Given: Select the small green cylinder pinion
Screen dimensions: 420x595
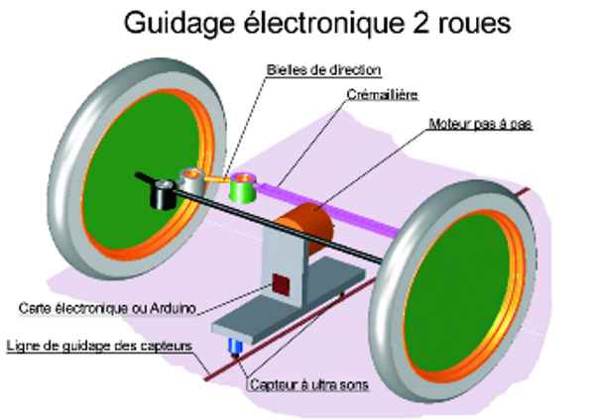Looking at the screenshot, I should click(242, 188).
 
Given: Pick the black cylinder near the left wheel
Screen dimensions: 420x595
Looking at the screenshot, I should click(162, 196).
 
